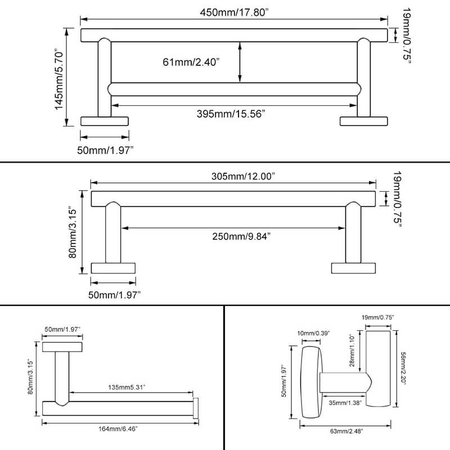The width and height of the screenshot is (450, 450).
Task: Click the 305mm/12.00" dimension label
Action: [x=235, y=177]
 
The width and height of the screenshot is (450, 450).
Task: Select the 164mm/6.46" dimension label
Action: [x=118, y=428]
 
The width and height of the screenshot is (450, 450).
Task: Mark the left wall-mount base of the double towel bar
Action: [x=105, y=120]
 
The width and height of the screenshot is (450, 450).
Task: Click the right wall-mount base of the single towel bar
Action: [x=354, y=268]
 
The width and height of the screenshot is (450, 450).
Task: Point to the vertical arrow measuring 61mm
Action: [x=240, y=62]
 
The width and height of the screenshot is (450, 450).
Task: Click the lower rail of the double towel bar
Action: [x=233, y=89]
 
